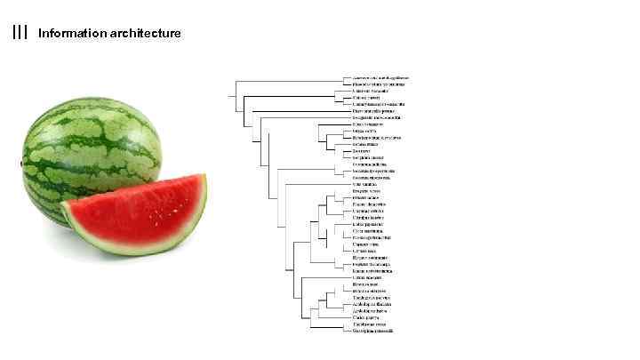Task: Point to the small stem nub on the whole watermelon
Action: coord(20,164)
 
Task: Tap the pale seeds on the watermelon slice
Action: coord(164,212)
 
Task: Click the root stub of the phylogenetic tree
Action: coord(230,95)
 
